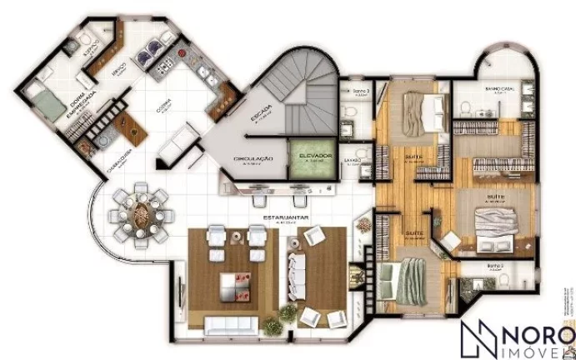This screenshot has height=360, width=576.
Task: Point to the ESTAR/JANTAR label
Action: [x=275, y=220]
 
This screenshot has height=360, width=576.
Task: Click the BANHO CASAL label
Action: [x=498, y=89]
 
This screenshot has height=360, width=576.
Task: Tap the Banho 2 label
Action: [x=497, y=268]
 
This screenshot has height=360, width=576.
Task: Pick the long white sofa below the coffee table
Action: [x=228, y=324]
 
